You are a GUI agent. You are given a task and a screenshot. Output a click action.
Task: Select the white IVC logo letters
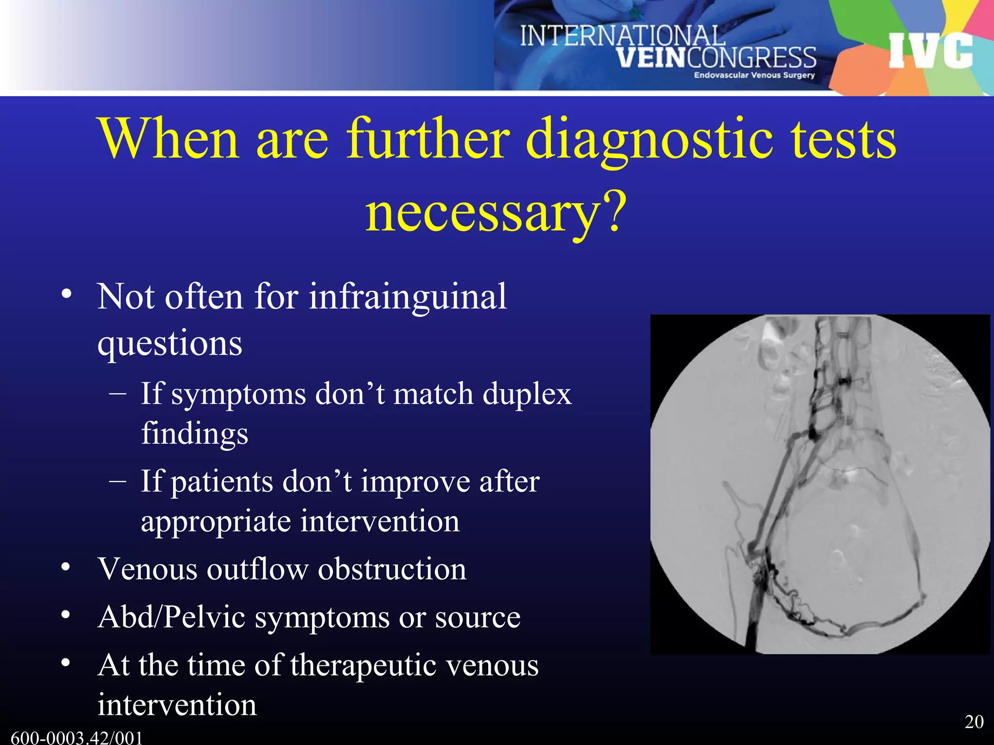tap(931, 50)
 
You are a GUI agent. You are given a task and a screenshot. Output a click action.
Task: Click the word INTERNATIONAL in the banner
tap(622, 36)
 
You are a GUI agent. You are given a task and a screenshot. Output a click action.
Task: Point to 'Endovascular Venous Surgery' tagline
tap(754, 75)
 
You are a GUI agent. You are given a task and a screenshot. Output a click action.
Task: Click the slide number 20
tap(974, 722)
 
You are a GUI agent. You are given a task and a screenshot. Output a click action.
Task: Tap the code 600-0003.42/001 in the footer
tap(77, 738)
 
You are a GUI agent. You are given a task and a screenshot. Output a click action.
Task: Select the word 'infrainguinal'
tap(408, 297)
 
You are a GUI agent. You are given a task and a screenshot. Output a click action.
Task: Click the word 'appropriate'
tap(216, 522)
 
